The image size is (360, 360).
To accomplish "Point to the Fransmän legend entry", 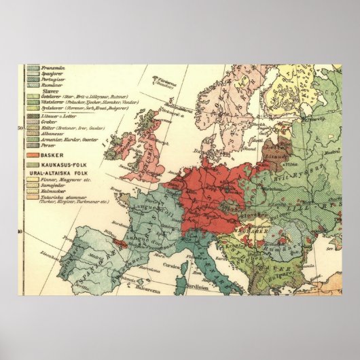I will pos(53,69).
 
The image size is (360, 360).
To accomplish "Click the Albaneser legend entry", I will pos(55,134).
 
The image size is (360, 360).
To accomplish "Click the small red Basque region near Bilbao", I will pos(116,242).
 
